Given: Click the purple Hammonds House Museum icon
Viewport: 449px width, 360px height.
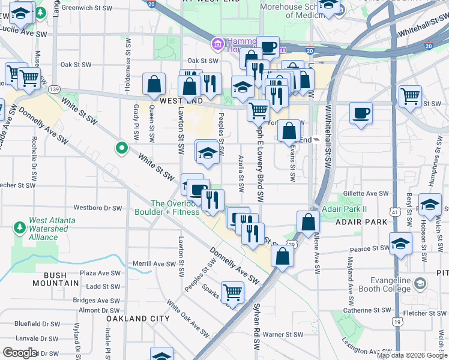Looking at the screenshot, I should click(217, 43).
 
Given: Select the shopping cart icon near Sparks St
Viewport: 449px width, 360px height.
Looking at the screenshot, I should click(232, 292).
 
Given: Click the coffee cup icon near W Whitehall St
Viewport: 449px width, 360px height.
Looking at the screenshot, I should click(361, 113).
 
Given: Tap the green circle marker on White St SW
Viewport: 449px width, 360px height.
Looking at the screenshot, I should click(121, 147).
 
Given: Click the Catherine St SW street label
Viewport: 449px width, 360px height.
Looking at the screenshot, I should click(366, 310).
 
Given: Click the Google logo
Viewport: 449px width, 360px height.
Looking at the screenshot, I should click(20, 353).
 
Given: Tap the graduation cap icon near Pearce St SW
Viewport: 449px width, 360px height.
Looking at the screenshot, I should click(400, 244).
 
